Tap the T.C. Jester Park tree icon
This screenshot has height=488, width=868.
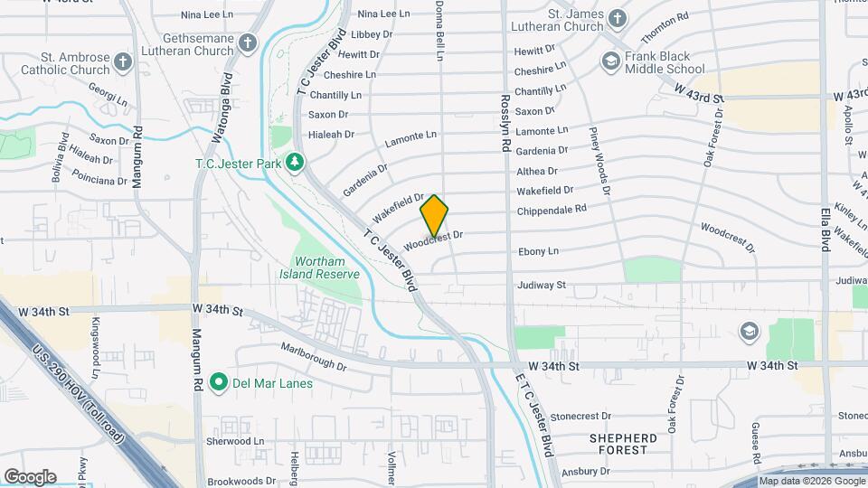coord(294,163)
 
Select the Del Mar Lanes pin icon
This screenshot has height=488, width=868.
coord(218,383)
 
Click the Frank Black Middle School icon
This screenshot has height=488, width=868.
coord(611,61)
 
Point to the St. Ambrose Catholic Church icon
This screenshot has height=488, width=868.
coord(123,61)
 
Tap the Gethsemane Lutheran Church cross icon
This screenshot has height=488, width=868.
coord(249,42)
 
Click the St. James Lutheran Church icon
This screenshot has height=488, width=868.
coord(617,19)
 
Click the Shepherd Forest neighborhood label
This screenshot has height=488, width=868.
coord(631,443)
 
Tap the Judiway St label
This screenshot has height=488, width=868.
coord(542,285)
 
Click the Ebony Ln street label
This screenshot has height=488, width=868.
coord(538,251)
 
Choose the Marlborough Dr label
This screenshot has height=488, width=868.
coord(314,356)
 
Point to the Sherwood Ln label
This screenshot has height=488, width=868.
coord(234,441)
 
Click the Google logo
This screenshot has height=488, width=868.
coord(30,477)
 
